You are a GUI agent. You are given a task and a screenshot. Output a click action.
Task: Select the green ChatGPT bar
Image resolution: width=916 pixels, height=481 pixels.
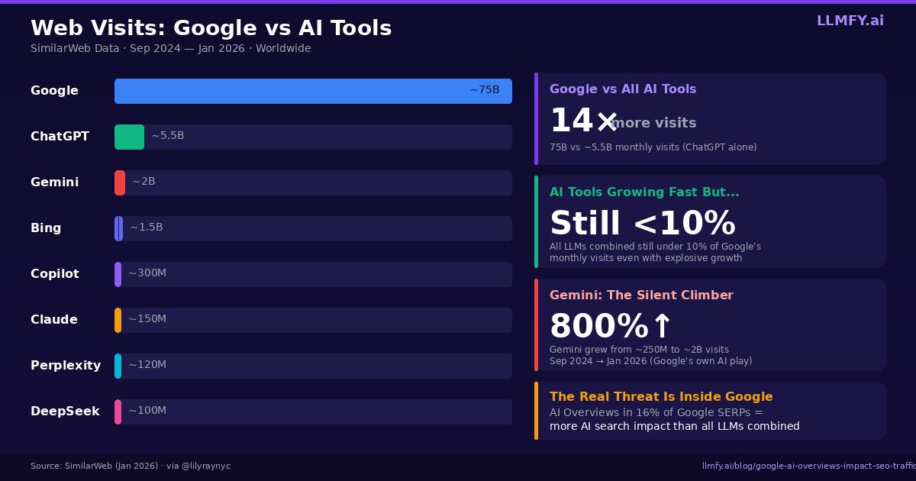pos(129,137)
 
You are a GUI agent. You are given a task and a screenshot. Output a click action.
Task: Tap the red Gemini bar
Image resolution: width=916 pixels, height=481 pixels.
pos(120,182)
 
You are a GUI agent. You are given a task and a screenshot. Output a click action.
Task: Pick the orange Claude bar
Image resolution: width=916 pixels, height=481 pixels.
pos(118,320)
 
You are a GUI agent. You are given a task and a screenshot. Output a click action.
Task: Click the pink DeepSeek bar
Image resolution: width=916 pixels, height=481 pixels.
pos(118,412)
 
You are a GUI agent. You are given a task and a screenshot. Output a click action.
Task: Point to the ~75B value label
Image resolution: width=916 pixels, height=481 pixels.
pos(484,90)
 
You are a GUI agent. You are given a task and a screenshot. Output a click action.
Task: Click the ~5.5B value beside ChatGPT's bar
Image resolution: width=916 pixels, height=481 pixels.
pos(167,136)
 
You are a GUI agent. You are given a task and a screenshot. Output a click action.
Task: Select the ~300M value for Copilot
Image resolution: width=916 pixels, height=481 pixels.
pos(147,273)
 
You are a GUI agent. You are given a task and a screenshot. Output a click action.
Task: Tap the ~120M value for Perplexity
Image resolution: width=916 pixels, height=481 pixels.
pos(147,365)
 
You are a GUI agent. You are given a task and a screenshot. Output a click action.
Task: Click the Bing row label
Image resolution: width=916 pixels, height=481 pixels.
pos(46,228)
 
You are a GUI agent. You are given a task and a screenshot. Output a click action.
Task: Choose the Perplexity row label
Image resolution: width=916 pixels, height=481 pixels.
pos(66,366)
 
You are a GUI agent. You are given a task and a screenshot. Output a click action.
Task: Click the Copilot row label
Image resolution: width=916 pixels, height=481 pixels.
pos(55,274)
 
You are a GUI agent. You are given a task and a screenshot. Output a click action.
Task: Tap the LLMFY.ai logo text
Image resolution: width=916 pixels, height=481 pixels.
pos(850,21)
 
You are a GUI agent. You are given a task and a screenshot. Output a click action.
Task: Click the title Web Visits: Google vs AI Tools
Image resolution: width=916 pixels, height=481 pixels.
pos(211,28)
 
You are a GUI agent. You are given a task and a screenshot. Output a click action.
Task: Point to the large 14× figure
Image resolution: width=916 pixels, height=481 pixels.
pos(583,121)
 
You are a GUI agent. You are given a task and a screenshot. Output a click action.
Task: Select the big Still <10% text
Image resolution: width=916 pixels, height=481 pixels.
pos(642,224)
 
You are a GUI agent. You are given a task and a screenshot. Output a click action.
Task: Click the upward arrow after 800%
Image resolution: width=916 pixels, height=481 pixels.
pos(661,327)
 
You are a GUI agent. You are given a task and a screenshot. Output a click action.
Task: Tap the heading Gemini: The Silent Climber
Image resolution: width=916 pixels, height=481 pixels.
pos(641,295)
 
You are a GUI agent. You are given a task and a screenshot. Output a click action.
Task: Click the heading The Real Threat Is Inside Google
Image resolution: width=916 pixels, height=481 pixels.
pos(661,397)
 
